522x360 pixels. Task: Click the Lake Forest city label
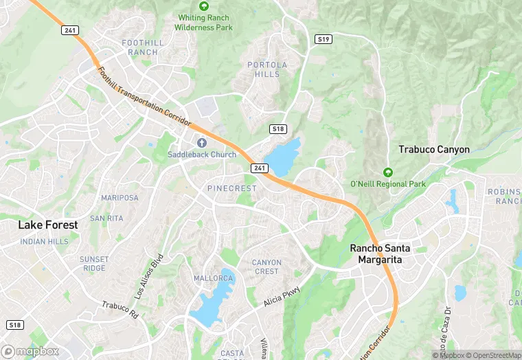tap(48, 225)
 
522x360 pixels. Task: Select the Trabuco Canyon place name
tap(434, 149)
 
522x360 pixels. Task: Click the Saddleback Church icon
tap(202, 143)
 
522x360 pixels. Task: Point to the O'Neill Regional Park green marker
tap(388, 172)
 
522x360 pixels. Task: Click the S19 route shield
tap(324, 39)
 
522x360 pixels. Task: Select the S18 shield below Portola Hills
tap(277, 128)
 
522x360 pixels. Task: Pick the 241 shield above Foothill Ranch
tap(69, 30)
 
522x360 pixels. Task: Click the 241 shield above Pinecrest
tap(259, 168)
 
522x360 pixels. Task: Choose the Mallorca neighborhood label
tap(214, 278)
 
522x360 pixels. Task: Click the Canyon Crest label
tap(266, 267)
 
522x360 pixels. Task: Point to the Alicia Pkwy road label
tap(282, 297)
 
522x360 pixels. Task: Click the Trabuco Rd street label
tap(120, 310)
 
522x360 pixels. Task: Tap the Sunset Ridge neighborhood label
tap(94, 264)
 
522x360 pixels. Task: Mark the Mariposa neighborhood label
tap(120, 198)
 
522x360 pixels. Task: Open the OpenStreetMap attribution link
tap(493, 355)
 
